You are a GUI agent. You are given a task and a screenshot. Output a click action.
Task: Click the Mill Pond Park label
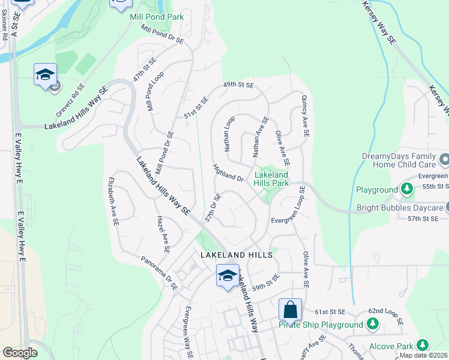click(157, 17)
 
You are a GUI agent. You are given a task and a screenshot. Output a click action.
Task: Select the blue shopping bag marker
click(290, 310)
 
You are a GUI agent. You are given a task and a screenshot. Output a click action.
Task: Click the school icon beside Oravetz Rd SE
click(45, 75)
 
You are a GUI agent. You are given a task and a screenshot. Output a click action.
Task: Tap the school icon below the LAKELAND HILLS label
click(228, 276)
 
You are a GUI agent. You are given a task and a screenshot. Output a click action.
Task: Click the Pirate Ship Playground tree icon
click(373, 325)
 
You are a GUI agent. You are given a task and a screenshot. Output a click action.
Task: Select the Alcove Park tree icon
click(423, 346)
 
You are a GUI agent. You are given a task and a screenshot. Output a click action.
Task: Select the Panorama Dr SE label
click(159, 274)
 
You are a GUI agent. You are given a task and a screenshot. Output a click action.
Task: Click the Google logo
click(20, 353)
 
